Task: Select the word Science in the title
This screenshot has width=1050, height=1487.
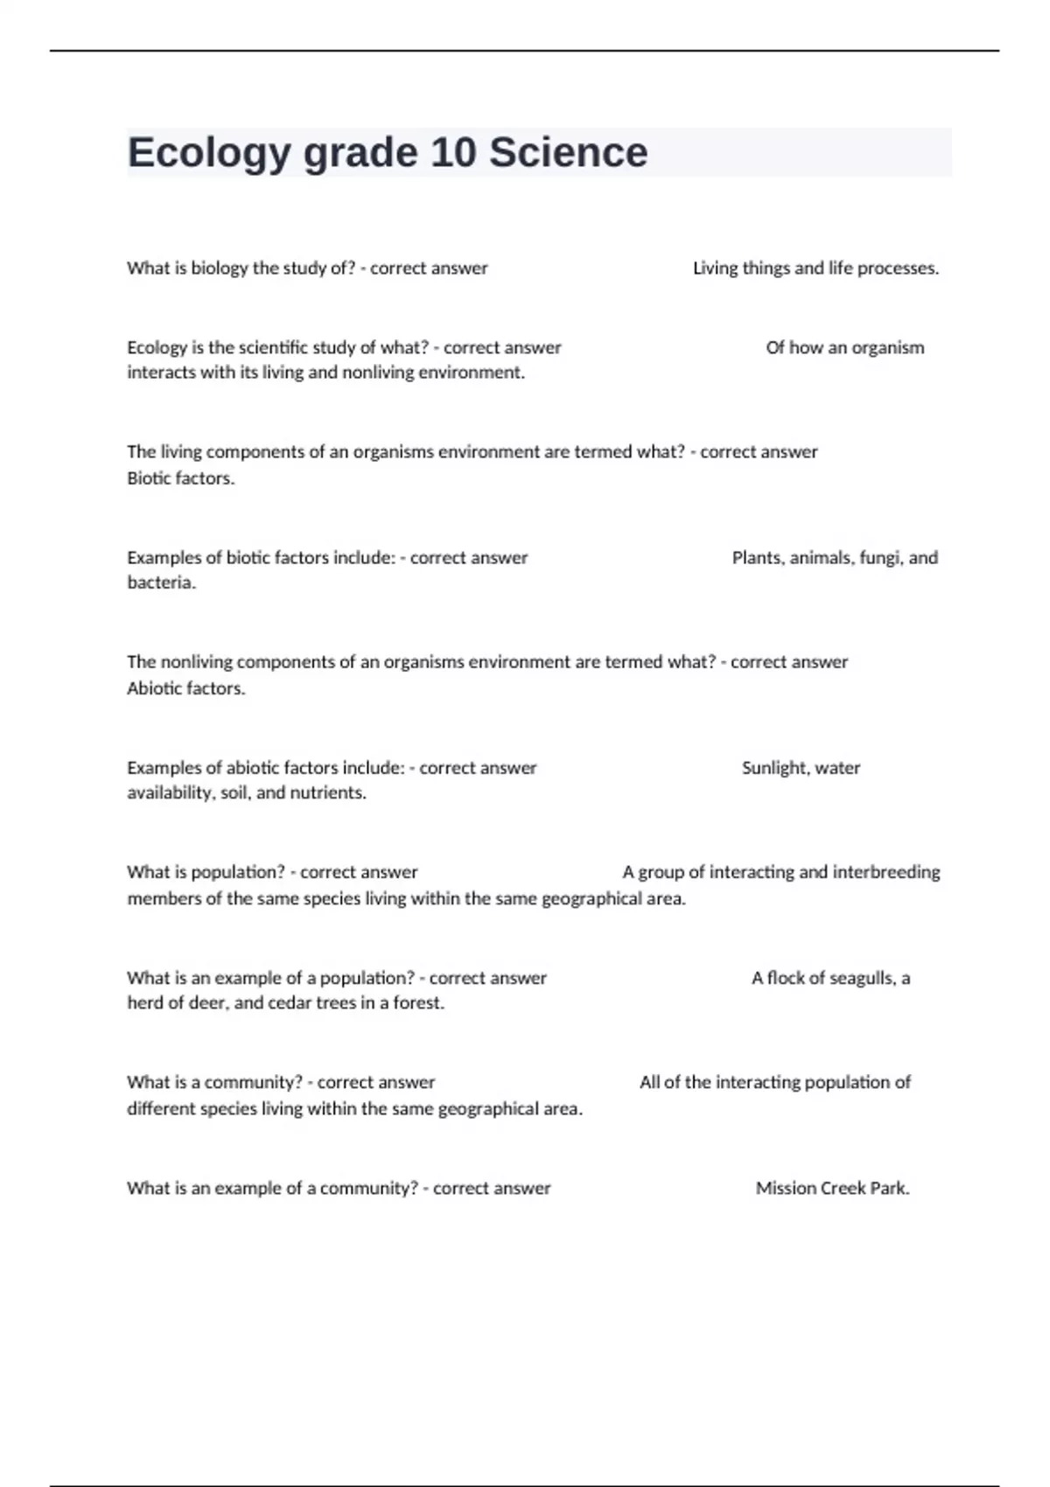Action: point(568,152)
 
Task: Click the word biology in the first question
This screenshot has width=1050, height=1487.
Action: point(220,269)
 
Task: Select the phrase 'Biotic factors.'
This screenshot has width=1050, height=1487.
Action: point(181,478)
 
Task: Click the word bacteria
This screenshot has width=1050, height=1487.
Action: point(161,583)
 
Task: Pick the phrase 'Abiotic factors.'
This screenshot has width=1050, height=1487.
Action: point(186,688)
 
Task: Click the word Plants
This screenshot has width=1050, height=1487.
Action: point(757,558)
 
